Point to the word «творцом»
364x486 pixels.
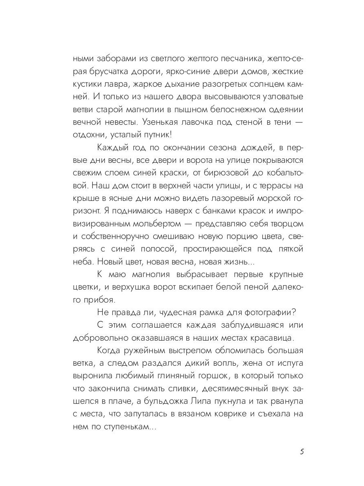pyautogui.click(x=284, y=224)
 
